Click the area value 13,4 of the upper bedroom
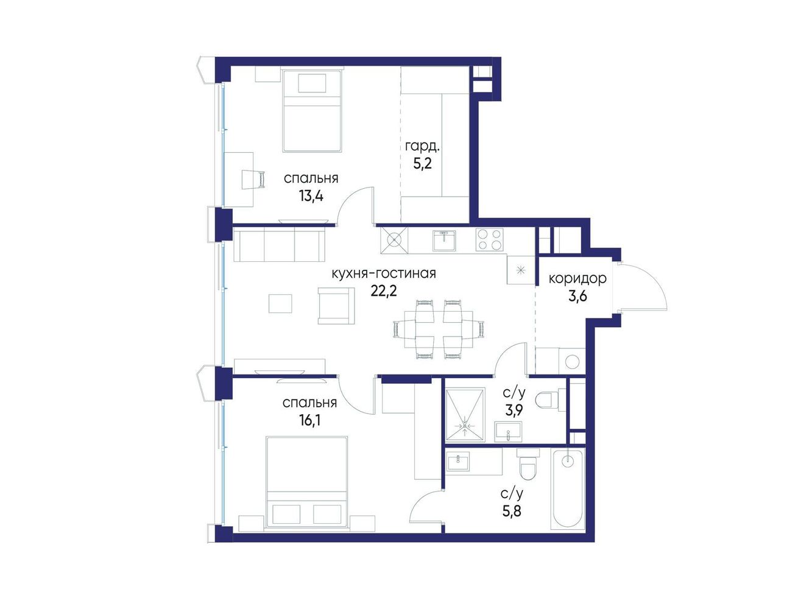click(311, 196)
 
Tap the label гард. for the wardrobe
click(423, 147)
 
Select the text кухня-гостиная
click(384, 273)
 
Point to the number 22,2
click(384, 291)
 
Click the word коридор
click(577, 279)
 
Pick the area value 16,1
click(309, 420)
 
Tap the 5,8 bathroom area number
click(512, 512)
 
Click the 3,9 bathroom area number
click(514, 410)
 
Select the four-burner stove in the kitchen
click(489, 239)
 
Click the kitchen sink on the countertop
click(444, 241)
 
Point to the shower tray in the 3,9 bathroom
click(465, 415)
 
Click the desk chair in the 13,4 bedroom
click(254, 179)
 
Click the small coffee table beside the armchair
click(280, 303)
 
